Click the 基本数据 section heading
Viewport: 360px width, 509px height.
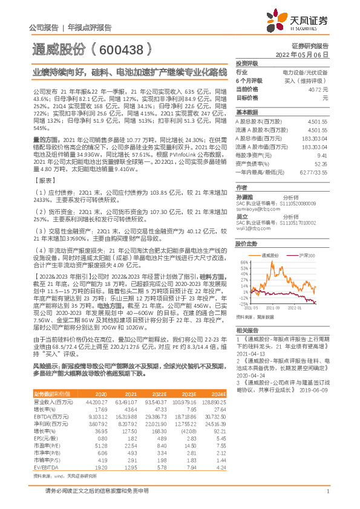246,112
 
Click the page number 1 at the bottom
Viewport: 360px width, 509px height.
327,491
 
